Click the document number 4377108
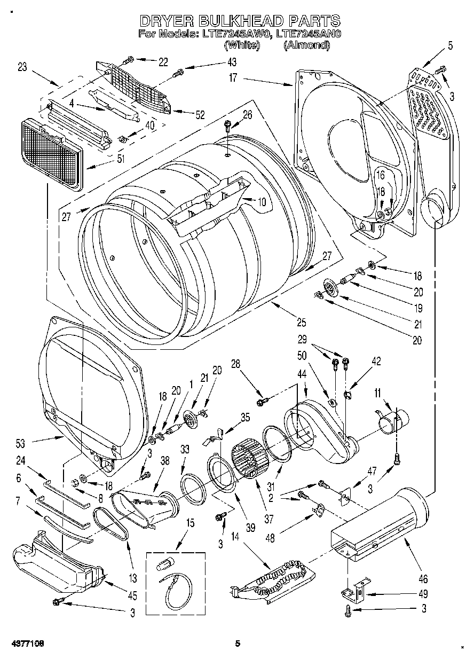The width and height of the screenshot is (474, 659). point(26,644)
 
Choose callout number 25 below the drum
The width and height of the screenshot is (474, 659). point(302,322)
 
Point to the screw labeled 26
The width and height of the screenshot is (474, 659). point(227,126)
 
